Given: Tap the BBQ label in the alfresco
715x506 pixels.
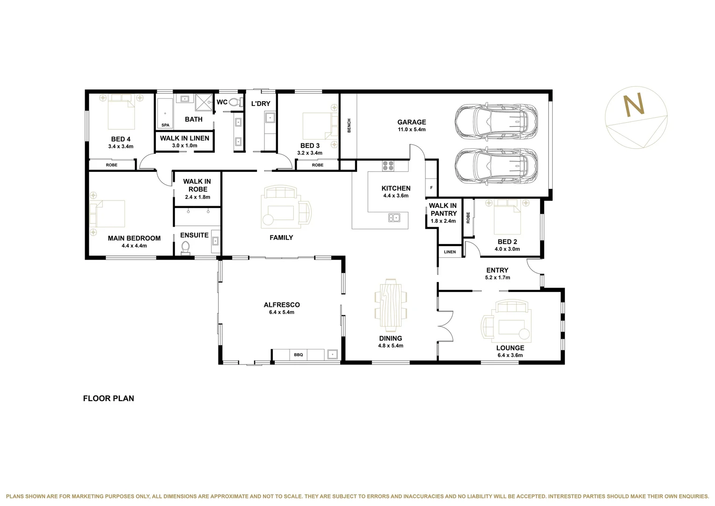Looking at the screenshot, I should pos(299,355).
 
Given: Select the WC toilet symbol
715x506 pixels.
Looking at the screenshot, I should pos(235,102).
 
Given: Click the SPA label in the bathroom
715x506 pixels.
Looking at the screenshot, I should pos(165,125).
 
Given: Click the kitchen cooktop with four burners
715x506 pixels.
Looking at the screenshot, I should pos(388,165).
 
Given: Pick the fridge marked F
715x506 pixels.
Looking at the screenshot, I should pos(431,188).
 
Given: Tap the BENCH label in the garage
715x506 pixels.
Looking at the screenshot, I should pos(349,126).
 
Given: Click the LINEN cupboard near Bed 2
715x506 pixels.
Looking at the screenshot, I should pos(450,252).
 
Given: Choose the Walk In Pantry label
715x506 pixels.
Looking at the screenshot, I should pos(443,209).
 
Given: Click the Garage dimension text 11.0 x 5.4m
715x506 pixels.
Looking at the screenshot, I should pos(412,130).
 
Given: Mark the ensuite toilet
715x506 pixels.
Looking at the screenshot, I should pos(185,247).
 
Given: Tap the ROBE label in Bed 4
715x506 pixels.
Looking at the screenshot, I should pos(112,165).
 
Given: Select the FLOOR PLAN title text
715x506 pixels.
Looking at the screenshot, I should pos(109,398).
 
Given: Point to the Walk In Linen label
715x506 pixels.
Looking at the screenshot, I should pos(184,138).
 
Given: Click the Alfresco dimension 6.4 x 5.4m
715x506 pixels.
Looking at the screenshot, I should pos(282,313).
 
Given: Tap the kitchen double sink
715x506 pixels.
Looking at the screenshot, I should pos(394,217).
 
